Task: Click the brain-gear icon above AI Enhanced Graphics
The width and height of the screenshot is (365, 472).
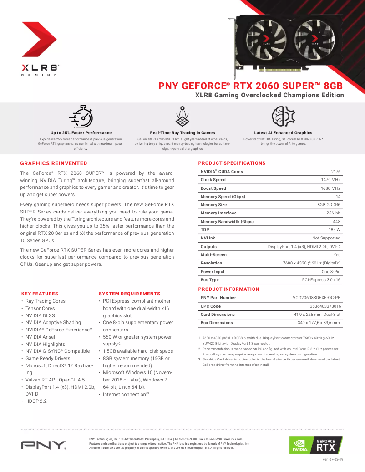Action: pos(283,116)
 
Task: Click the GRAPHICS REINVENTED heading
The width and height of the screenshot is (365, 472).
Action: pos(54,163)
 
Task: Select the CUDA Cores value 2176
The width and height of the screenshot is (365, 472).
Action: pos(335,172)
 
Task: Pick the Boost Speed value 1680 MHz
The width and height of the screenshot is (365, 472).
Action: pos(330,188)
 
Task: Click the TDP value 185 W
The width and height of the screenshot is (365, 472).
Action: pos(334,230)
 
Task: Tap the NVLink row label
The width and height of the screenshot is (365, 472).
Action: pos(208,238)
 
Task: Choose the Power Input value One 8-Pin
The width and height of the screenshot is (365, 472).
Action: pos(331,272)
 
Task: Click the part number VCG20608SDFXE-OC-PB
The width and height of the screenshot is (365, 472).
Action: pos(316,298)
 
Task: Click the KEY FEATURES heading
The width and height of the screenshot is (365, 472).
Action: pos(40,294)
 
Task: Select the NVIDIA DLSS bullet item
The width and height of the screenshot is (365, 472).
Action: pos(40,315)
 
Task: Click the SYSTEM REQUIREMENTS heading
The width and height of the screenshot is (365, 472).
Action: pos(129,294)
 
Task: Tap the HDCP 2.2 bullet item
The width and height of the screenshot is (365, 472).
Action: pos(36,401)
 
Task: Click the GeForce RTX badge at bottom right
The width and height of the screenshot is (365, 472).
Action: pos(316,445)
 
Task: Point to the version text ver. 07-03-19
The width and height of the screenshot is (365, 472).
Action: pos(333,460)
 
